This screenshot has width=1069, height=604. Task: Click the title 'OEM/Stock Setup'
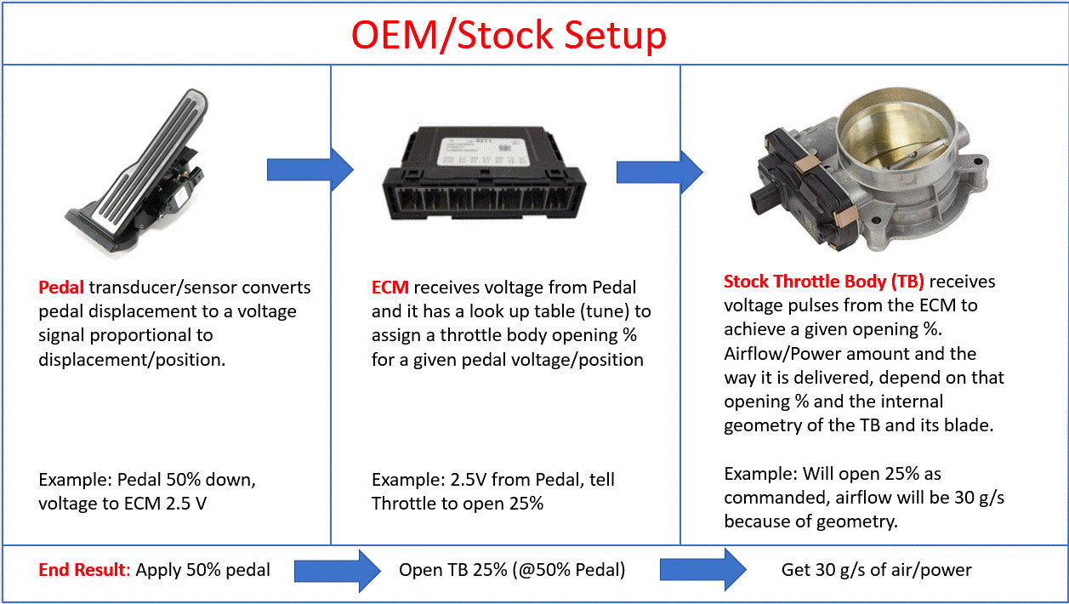click(509, 35)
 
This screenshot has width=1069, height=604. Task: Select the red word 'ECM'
click(390, 288)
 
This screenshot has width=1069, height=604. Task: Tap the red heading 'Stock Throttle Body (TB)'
click(823, 282)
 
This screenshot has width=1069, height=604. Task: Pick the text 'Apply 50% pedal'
click(202, 570)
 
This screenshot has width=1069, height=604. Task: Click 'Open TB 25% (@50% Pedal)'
click(512, 570)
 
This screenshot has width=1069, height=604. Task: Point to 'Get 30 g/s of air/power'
click(876, 570)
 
